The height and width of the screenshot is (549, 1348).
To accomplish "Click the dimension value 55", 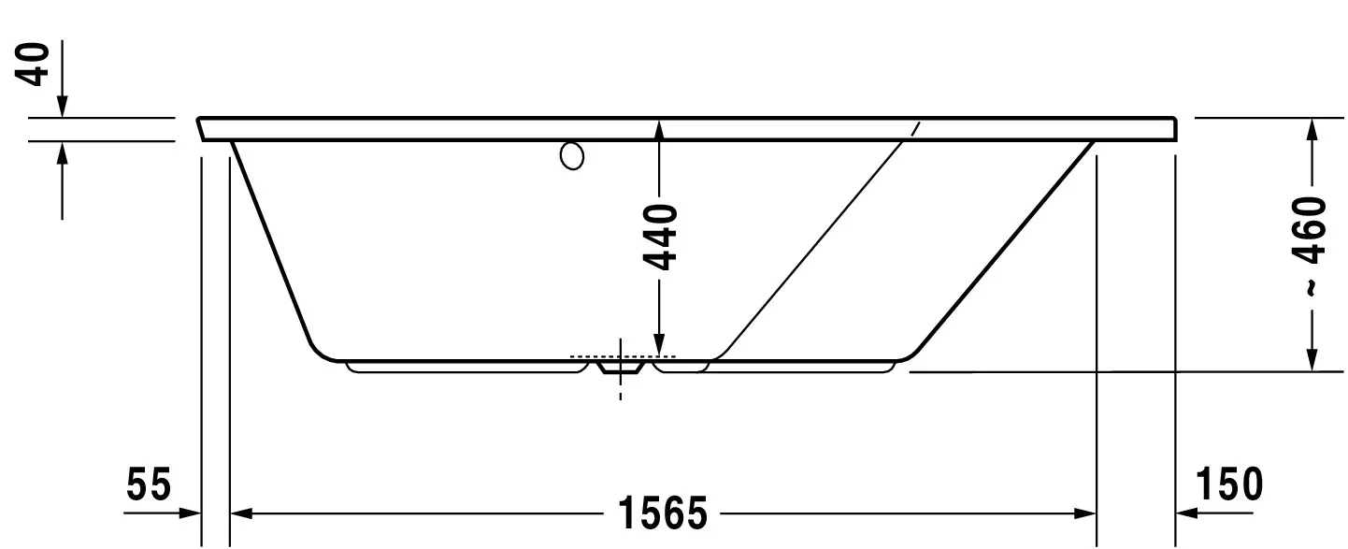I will click(150, 486).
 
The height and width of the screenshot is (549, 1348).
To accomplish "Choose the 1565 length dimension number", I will click(662, 513).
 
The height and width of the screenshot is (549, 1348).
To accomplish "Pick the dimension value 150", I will click(1228, 486).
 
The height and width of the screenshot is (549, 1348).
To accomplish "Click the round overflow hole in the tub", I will click(572, 155).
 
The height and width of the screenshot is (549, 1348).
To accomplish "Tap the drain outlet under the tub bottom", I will click(620, 369).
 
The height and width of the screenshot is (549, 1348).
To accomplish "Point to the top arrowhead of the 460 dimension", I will click(1312, 130).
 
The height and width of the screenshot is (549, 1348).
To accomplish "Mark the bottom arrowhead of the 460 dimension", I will click(1312, 359).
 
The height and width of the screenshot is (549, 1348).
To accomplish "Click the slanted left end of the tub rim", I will click(203, 129).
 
